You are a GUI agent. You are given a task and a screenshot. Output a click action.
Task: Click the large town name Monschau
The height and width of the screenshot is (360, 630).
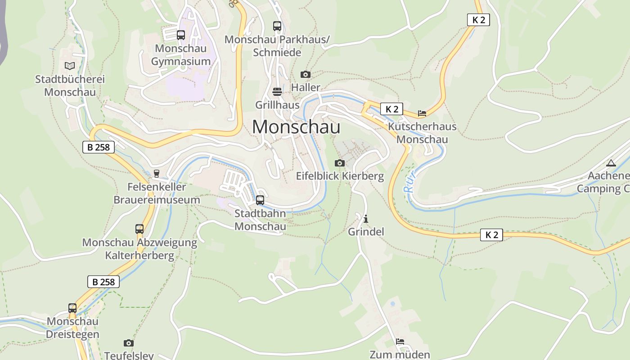[296, 127]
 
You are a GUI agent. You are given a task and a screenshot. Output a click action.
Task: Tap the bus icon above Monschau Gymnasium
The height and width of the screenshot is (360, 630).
[181, 35]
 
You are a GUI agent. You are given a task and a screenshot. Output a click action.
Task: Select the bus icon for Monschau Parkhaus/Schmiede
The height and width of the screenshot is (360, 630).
[277, 26]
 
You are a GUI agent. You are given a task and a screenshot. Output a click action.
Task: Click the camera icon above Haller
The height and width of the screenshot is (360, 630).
[306, 74]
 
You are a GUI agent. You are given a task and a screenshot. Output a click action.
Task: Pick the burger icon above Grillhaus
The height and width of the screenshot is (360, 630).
[277, 92]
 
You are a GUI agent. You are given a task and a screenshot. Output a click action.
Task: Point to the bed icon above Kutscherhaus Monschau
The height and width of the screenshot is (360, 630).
[422, 113]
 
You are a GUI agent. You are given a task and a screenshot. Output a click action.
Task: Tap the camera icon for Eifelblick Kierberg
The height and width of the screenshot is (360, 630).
[340, 163]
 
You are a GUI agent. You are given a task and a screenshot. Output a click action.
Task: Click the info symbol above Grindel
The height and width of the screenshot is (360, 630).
[366, 219]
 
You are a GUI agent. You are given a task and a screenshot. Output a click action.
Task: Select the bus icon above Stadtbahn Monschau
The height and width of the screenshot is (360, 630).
[260, 200]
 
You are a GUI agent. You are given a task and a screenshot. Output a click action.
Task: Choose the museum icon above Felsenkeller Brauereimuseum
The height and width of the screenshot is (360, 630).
[157, 173]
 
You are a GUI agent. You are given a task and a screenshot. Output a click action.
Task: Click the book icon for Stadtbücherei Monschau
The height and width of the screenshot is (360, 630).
[70, 66]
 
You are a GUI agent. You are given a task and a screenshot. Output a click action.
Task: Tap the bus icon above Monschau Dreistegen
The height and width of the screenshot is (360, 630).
[72, 308]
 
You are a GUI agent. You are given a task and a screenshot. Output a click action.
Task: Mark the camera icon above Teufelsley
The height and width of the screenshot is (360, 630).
[129, 343]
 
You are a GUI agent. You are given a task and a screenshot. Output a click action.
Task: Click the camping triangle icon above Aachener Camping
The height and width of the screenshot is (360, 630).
[611, 163]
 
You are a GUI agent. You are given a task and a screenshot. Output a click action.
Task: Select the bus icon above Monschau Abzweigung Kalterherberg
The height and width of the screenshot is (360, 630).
[139, 229]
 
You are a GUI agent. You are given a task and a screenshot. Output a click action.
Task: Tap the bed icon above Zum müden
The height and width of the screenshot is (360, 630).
[400, 342]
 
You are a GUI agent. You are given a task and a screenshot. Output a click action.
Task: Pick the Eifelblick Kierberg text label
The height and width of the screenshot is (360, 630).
[340, 176]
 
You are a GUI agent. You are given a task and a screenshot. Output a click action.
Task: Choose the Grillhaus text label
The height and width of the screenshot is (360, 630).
[277, 105]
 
